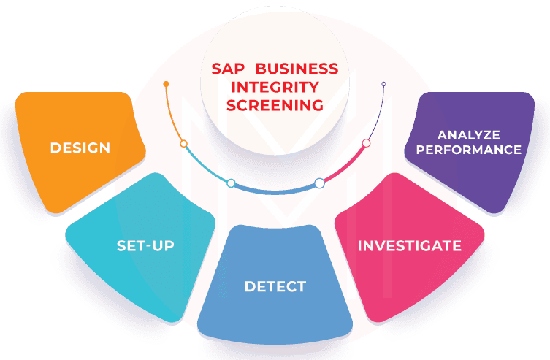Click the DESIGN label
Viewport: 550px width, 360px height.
[x=80, y=148]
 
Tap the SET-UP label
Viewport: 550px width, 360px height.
[x=145, y=245]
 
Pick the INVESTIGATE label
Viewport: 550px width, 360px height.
[x=409, y=245]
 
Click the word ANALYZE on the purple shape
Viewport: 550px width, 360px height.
[x=468, y=135]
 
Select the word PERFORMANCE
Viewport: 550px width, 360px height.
[x=468, y=150]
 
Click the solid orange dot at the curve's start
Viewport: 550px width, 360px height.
[x=167, y=84]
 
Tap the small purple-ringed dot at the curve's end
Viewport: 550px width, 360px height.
[x=383, y=84]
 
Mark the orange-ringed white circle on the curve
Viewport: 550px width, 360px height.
[x=184, y=144]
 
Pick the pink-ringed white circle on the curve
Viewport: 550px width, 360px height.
[x=367, y=143]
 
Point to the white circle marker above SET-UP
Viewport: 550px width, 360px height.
[x=231, y=183]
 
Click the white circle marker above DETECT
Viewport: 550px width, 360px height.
[x=319, y=183]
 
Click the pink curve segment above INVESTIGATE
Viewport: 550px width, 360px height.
[x=345, y=166]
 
